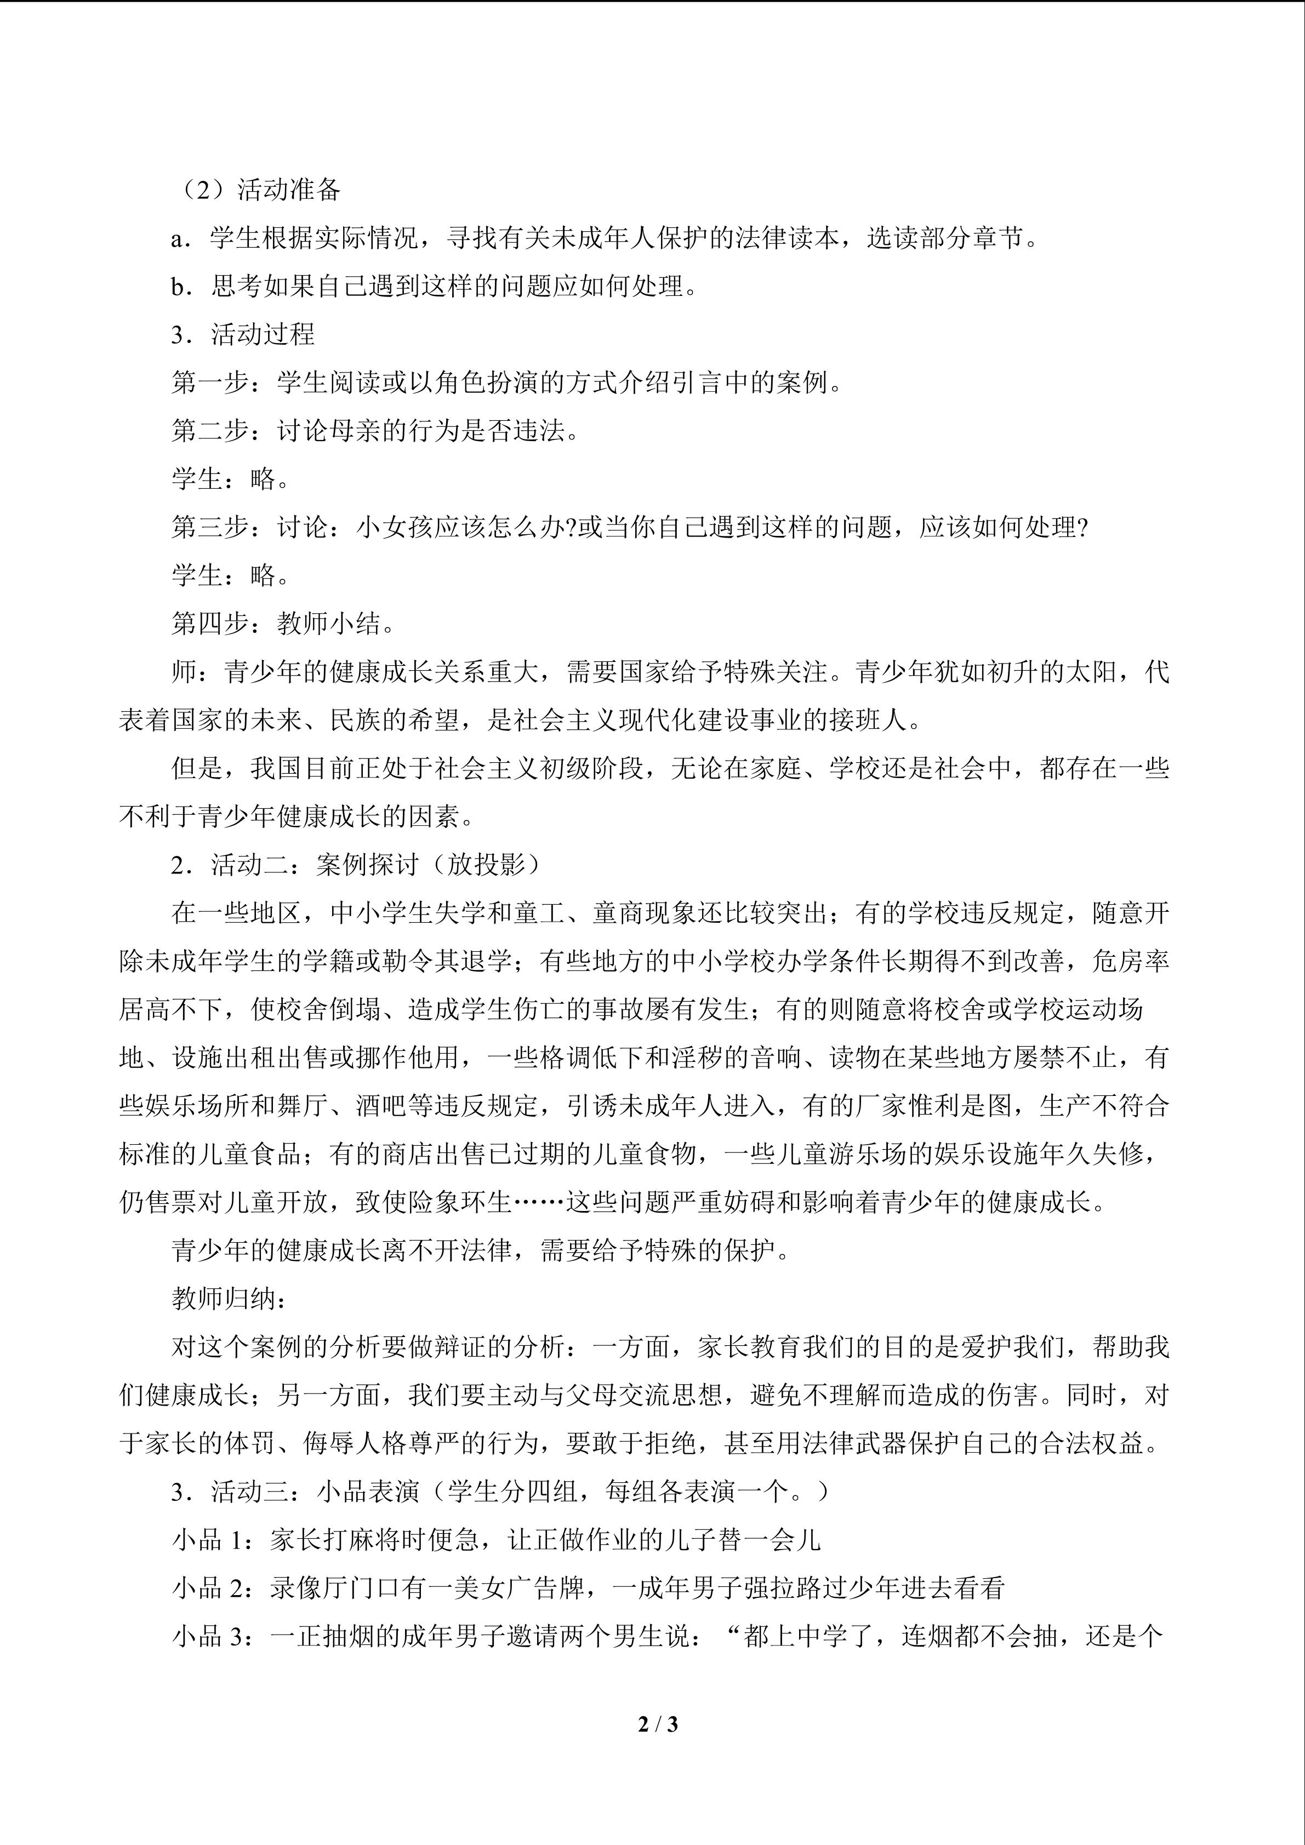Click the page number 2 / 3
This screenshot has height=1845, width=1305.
pyautogui.click(x=657, y=1724)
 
